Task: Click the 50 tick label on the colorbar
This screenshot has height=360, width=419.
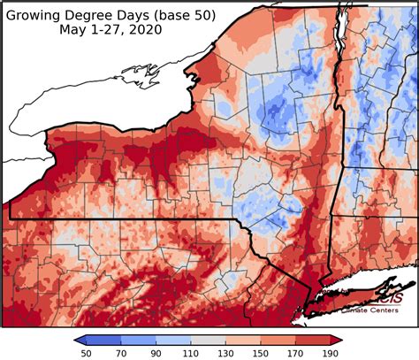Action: click(x=87, y=353)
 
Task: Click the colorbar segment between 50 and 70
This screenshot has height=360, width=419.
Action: click(x=104, y=339)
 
